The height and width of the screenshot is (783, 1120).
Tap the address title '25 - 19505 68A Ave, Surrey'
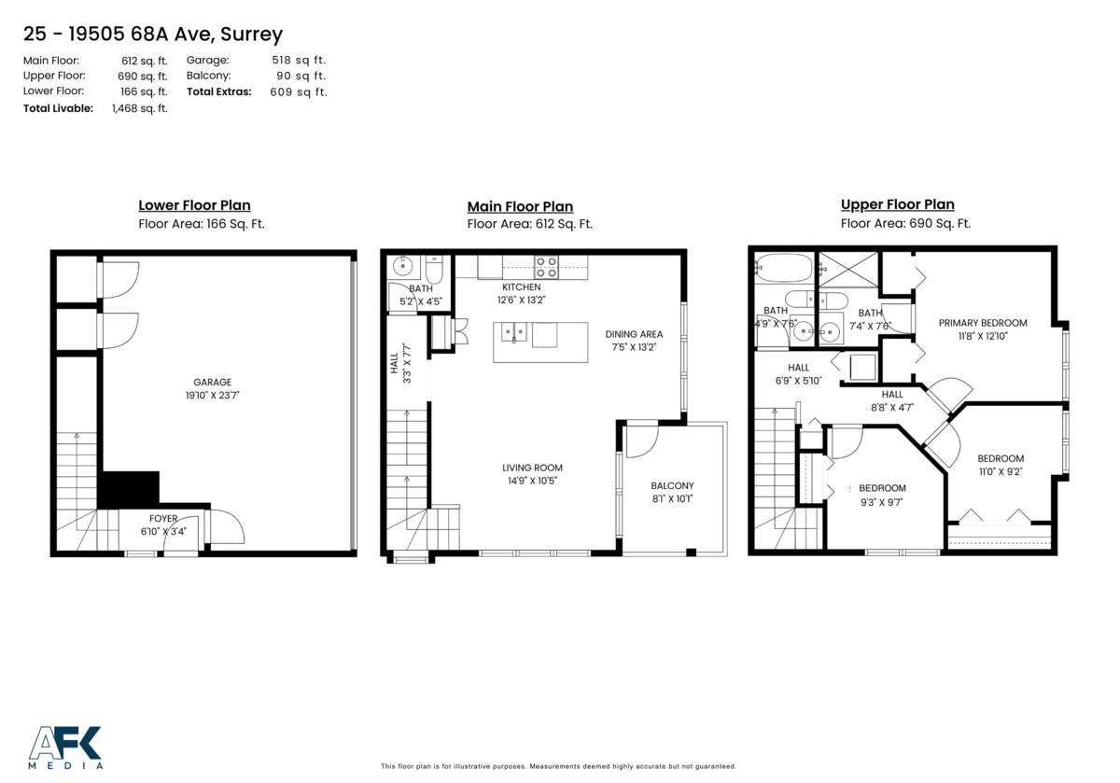(x=153, y=35)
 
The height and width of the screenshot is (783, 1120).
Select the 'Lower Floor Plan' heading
(x=194, y=205)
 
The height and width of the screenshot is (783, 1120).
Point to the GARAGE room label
(x=213, y=382)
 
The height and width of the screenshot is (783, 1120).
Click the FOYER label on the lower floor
(x=163, y=519)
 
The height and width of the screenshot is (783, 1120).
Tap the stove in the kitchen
(x=546, y=267)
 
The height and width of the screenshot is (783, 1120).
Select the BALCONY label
(x=672, y=485)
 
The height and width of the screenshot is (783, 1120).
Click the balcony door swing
(x=642, y=441)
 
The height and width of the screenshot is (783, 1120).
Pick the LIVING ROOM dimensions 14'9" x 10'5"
(x=533, y=481)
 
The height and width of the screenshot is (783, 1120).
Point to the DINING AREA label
(x=634, y=334)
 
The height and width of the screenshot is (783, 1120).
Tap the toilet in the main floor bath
(x=433, y=271)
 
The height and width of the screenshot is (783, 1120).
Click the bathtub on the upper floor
(x=784, y=268)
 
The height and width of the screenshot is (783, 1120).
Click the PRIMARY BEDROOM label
(x=982, y=323)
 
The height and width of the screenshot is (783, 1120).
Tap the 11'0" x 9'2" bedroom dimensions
(x=1001, y=471)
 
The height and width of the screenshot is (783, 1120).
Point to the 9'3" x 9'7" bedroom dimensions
(x=882, y=501)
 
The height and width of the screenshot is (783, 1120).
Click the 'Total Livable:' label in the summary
(x=58, y=108)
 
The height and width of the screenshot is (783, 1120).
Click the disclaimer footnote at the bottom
(x=558, y=766)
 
